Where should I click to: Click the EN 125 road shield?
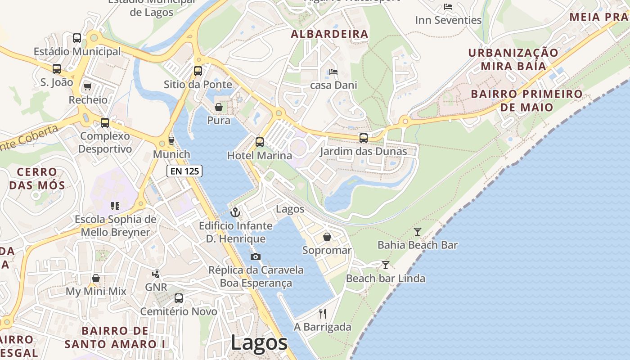[x=184, y=171]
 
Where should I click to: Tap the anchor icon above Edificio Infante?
[x=235, y=212]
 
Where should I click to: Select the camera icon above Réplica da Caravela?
[x=256, y=257]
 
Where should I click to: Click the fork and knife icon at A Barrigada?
[x=322, y=313]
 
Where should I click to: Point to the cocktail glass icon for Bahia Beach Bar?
[x=418, y=232]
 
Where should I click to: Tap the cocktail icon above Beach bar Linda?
[x=385, y=265]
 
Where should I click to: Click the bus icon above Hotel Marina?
[x=260, y=142]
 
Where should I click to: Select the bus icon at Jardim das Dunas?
[x=363, y=138]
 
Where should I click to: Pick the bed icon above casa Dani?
[x=333, y=72]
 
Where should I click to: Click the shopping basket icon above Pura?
[x=219, y=107]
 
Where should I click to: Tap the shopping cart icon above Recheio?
[x=88, y=86]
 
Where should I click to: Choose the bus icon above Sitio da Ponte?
[x=198, y=71]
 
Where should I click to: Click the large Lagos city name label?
[x=259, y=343]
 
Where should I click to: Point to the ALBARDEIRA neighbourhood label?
[x=329, y=34]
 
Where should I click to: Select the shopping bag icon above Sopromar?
[x=327, y=237]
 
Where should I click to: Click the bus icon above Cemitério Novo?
[x=179, y=298]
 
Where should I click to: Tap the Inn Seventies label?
[x=448, y=20]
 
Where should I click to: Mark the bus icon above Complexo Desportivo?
[x=105, y=122]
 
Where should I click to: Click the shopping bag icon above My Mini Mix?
[x=96, y=278]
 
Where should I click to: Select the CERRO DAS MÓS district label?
[x=37, y=179]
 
